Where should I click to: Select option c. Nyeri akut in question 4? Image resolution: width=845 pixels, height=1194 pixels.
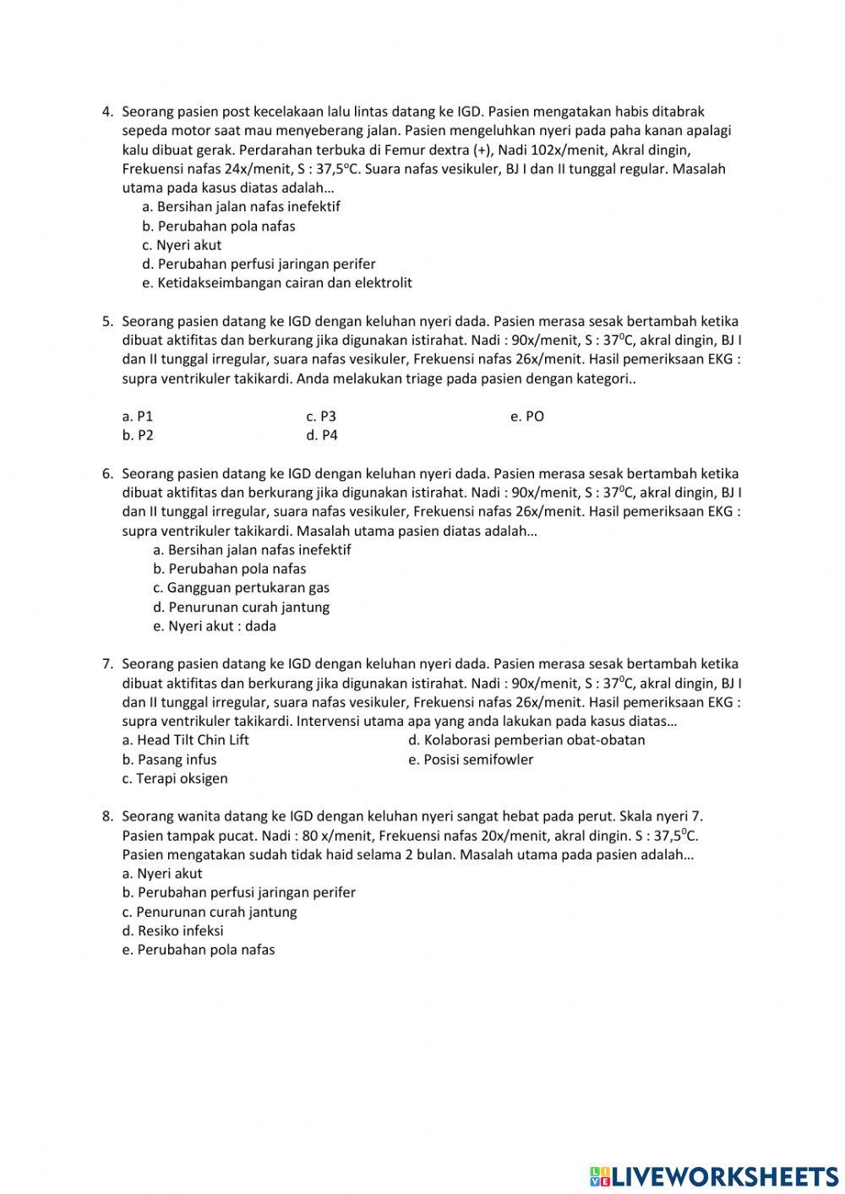click(x=182, y=245)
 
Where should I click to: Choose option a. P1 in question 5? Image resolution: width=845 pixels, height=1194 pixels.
click(x=138, y=417)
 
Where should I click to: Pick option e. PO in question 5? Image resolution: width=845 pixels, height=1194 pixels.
click(x=527, y=417)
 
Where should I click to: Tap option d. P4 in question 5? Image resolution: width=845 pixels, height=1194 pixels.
click(x=322, y=436)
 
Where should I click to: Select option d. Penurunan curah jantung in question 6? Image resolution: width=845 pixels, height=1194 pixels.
click(x=241, y=608)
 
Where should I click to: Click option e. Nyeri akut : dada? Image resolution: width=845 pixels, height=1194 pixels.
click(x=215, y=627)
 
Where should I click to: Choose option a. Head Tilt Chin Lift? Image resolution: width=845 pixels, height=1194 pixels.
click(x=185, y=740)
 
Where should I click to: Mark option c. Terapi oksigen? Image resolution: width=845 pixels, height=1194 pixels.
click(x=175, y=779)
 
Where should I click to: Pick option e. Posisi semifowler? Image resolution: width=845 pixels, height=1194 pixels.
click(x=471, y=760)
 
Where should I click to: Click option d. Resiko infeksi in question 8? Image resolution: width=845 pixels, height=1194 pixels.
click(x=172, y=931)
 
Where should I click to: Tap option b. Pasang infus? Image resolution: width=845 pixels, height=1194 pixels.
click(x=169, y=760)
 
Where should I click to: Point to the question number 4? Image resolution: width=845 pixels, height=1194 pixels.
click(x=107, y=112)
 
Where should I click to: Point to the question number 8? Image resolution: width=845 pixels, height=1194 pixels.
click(x=107, y=816)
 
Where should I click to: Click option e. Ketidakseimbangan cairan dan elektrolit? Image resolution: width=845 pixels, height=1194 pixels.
click(x=277, y=283)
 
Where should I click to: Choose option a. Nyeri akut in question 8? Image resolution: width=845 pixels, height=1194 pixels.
click(x=162, y=874)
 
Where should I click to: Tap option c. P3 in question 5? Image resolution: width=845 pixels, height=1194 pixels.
click(x=321, y=417)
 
